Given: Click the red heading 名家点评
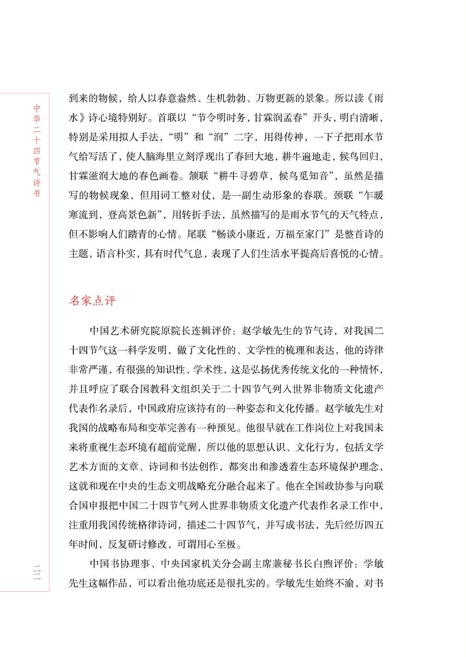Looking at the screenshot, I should [x=92, y=301].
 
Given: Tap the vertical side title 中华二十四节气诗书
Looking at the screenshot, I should [x=37, y=151].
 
